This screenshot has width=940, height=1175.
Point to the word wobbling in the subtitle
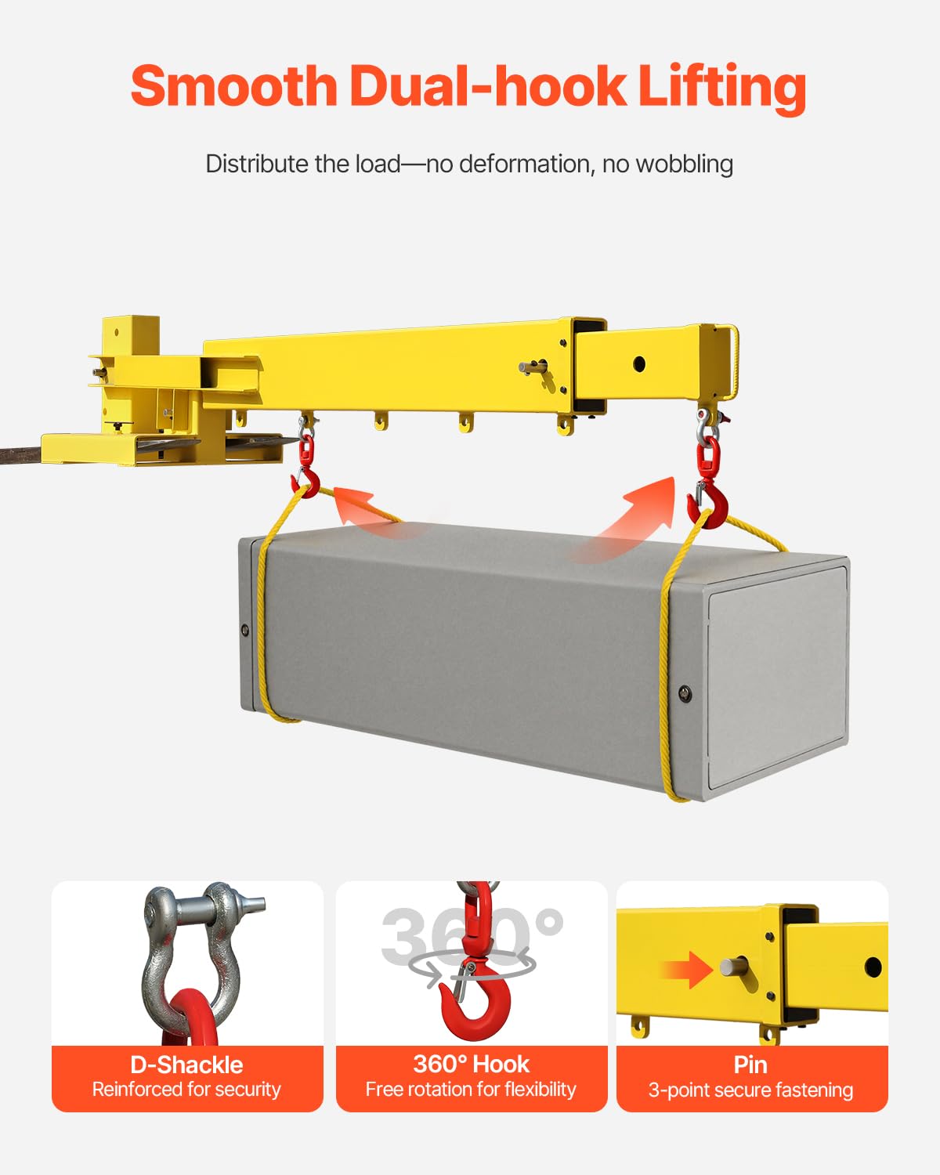(x=684, y=164)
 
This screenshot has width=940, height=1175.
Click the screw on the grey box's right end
(x=685, y=692)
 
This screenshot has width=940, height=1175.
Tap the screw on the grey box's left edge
(x=245, y=629)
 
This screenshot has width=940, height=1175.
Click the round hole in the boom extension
(x=638, y=363)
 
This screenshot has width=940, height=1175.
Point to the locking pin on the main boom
(x=533, y=367)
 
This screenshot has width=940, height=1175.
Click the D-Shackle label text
(x=186, y=1065)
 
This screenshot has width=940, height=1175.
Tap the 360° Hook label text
(x=471, y=1064)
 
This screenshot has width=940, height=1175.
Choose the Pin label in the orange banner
(x=750, y=1065)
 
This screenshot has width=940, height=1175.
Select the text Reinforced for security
(x=186, y=1090)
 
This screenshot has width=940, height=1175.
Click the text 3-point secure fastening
(x=750, y=1090)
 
